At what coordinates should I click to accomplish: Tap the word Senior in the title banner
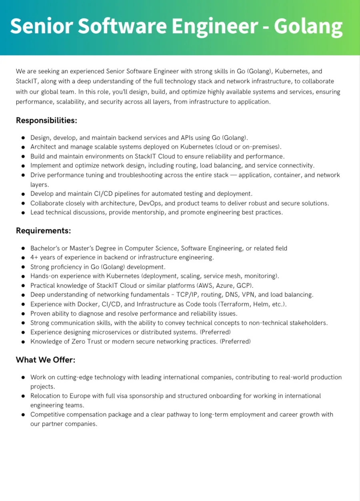tap(40, 26)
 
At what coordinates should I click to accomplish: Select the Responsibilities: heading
tap(46, 120)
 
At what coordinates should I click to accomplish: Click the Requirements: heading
tap(44, 230)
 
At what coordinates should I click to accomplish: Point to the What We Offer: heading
tap(46, 360)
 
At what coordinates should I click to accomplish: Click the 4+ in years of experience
tap(34, 257)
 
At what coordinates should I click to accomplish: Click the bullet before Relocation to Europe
tap(24, 396)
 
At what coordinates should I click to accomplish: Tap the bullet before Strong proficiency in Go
tap(24, 267)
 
